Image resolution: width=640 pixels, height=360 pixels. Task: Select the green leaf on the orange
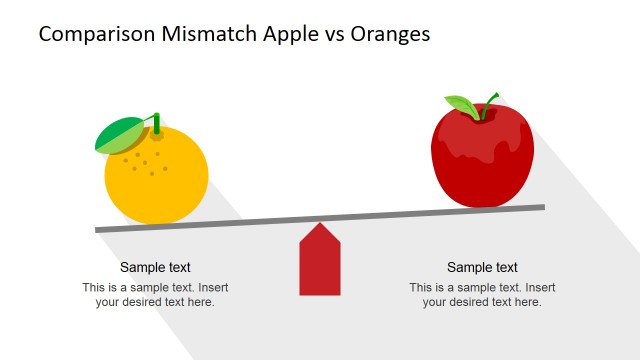(119, 135)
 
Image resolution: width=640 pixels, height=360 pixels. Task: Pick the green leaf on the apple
(463, 105)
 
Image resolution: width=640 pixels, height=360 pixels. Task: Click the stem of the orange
(157, 123)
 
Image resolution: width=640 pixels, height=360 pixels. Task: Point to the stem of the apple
(490, 102)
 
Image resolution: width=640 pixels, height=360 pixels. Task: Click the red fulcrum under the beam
(320, 265)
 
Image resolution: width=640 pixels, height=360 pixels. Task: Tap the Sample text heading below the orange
(155, 267)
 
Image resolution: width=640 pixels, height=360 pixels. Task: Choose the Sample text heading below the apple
(482, 267)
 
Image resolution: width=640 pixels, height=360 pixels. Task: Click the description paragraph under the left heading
(155, 294)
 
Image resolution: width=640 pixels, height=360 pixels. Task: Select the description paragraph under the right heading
(482, 294)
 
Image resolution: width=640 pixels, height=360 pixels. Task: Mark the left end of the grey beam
(99, 230)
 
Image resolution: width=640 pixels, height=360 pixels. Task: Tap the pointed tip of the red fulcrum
(320, 224)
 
